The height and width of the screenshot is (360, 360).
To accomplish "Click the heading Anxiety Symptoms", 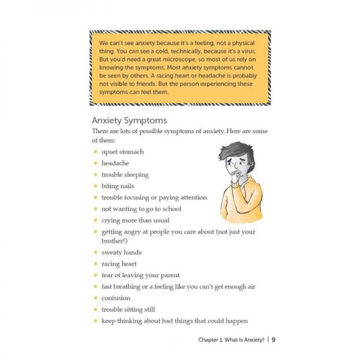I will [x=129, y=120].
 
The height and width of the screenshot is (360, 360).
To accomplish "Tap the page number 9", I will [x=273, y=340].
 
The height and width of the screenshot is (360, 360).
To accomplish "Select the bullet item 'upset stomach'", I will [x=122, y=152].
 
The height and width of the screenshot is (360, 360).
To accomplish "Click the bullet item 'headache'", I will [x=115, y=163].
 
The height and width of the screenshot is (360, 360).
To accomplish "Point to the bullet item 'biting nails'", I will [x=118, y=186].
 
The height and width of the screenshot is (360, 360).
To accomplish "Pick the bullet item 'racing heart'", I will [x=119, y=264].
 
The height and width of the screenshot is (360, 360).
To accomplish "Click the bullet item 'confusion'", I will [x=116, y=298].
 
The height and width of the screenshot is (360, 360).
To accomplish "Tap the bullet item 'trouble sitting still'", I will [x=128, y=310].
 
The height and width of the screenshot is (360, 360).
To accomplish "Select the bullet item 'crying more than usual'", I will [x=135, y=220].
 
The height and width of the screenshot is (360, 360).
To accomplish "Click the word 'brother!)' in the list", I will [x=115, y=241].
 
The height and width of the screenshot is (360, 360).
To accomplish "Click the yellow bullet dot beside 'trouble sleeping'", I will [x=95, y=175].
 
